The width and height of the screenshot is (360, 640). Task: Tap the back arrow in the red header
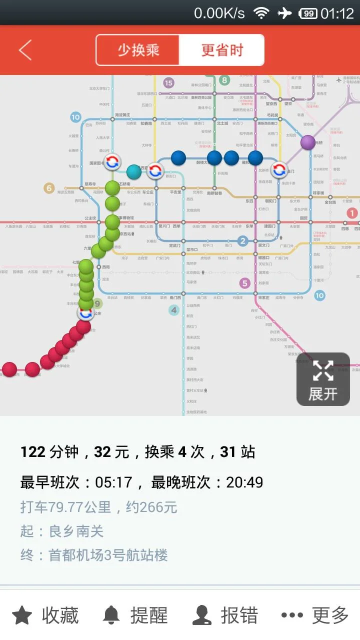25,50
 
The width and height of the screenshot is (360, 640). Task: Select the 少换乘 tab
138,50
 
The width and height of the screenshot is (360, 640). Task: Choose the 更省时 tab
222,50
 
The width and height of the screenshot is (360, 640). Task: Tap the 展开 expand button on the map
323,379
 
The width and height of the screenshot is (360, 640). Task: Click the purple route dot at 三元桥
308,142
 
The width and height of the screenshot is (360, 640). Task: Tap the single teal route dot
134,171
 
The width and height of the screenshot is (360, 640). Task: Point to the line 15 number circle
168,83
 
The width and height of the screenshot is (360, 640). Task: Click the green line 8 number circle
224,80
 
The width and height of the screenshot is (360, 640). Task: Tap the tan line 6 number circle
49,188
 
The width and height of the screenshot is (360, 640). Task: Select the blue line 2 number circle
243,241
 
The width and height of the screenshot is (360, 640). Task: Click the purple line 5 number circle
244,283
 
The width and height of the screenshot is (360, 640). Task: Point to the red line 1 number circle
352,213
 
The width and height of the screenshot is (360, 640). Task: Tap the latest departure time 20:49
244,482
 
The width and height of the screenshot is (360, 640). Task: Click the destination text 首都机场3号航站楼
108,555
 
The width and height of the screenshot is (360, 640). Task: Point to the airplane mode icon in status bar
284,13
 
